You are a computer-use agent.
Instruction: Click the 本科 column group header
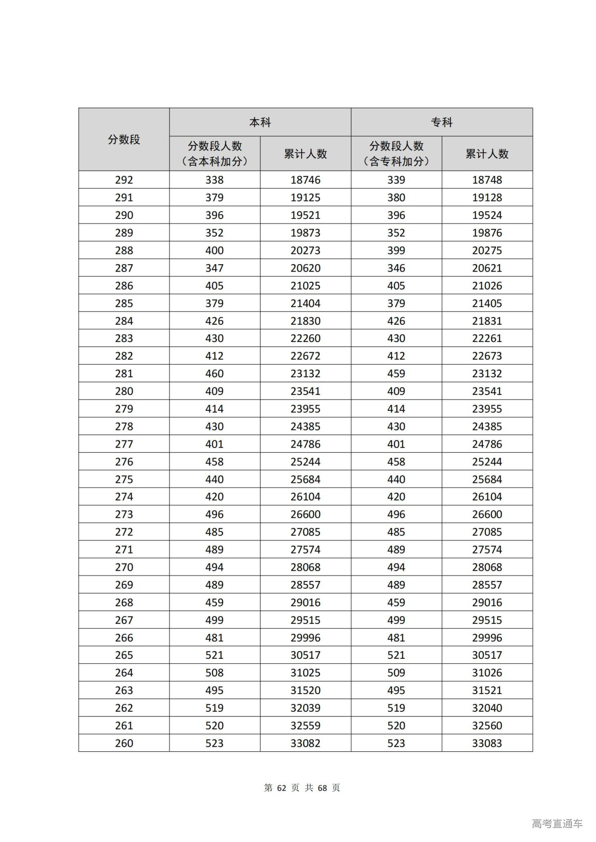click(x=260, y=122)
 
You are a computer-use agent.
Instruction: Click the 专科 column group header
click(x=441, y=122)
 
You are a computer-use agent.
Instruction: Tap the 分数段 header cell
click(x=124, y=140)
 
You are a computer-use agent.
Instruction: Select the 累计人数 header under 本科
click(x=305, y=154)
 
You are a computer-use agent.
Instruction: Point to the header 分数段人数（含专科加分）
click(x=396, y=154)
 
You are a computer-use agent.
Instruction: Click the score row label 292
click(x=124, y=180)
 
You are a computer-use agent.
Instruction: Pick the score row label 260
click(x=124, y=743)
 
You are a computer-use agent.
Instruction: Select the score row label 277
click(x=124, y=444)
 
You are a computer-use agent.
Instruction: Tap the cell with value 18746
click(x=305, y=180)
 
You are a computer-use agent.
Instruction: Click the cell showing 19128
click(x=487, y=198)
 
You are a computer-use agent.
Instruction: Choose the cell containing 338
click(x=215, y=180)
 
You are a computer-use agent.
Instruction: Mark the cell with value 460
click(x=215, y=374)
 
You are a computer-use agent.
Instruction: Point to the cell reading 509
click(x=396, y=673)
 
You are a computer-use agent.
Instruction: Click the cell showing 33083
click(x=487, y=743)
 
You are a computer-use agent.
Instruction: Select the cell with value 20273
click(x=305, y=251)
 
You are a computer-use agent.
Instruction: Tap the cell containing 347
click(x=215, y=268)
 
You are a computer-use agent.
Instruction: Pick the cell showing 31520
click(x=305, y=690)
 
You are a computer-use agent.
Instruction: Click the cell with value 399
click(x=396, y=251)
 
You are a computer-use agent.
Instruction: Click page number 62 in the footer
click(x=281, y=788)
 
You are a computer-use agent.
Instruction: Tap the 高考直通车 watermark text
click(x=557, y=824)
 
